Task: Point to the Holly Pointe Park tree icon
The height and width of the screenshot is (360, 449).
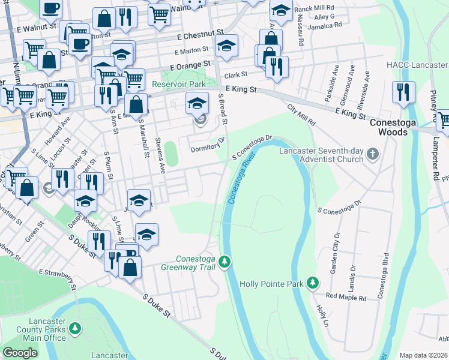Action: pyautogui.click(x=312, y=283)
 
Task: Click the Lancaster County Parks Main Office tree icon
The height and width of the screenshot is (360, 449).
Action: pyautogui.click(x=75, y=328)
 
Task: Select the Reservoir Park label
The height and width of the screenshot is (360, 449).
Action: pyautogui.click(x=178, y=84)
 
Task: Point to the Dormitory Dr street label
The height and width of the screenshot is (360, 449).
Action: pyautogui.click(x=207, y=146)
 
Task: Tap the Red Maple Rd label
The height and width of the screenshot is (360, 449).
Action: pyautogui.click(x=346, y=297)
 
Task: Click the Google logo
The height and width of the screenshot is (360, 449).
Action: pyautogui.click(x=20, y=353)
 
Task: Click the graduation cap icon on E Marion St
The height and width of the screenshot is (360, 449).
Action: pyautogui.click(x=226, y=46)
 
